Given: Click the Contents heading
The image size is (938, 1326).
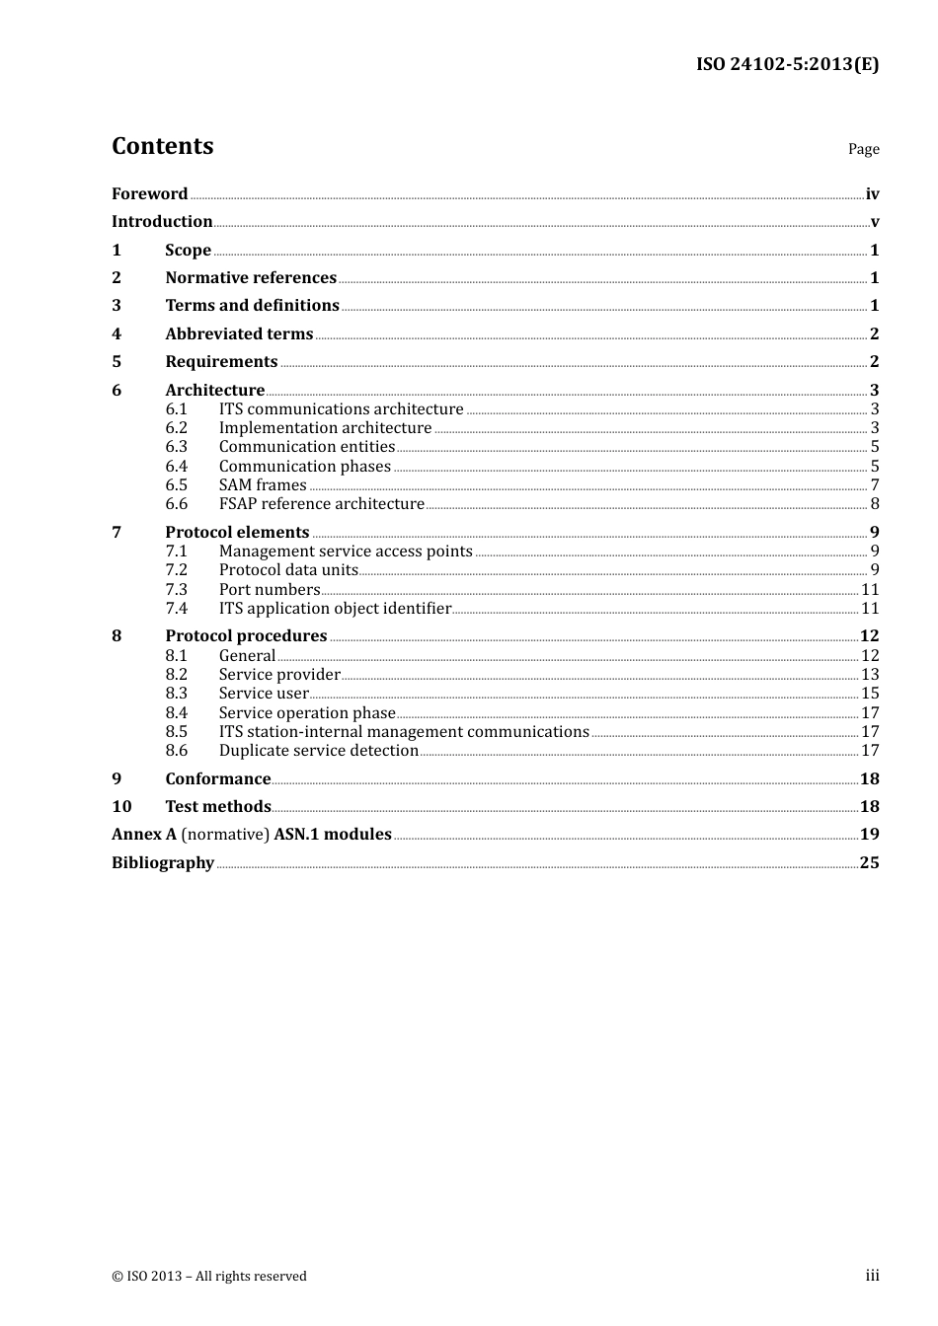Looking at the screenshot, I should pos(162,146).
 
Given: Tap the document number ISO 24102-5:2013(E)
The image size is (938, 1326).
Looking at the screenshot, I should pos(787,64).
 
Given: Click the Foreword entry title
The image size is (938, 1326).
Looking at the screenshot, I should pos(149,194).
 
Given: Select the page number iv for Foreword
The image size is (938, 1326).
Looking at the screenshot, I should pos(872,194).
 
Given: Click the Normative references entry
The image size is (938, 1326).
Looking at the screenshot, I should pos(251,278).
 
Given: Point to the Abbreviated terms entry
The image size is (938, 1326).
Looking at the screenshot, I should pos(239,334).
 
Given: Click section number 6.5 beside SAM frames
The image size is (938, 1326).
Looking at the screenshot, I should pos(176,485).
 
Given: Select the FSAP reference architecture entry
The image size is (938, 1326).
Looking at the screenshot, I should pos(321,504).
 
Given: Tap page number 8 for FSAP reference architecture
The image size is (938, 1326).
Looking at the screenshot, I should pos(874,504).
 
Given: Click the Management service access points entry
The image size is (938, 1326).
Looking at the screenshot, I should pos(346,552).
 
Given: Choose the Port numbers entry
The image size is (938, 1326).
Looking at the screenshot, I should pos(270,590).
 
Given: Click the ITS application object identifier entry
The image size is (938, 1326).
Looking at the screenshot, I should pos(335,609).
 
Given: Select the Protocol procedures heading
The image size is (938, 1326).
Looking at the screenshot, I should pos(246,636).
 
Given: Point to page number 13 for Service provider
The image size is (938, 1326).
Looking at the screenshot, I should pos(870,675).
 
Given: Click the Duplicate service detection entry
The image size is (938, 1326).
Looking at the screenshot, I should pos(318,751).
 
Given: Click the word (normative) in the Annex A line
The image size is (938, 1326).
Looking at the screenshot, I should pos(225,835).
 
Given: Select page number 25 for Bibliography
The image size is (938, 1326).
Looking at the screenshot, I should pos(869,863).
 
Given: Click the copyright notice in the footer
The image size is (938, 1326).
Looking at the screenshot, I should pos(209,1277).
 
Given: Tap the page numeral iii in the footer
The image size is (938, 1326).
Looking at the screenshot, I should pos(872,1276).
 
